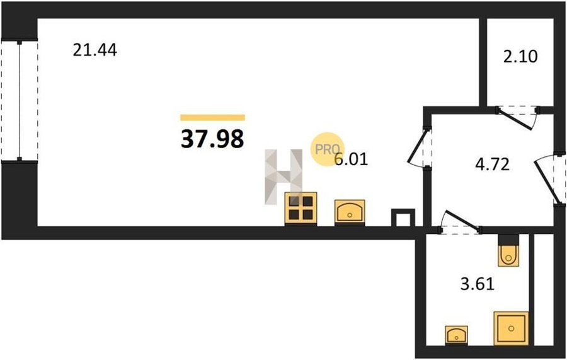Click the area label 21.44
pos(94,50)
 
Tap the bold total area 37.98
pos(212,139)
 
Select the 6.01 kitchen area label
pos(351,160)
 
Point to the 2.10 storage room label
pos(520,57)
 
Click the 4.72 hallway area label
pos(492,165)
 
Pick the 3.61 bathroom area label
pos(478,284)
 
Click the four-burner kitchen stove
pos(301,209)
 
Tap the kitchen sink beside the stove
pos(350,212)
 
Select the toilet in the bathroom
pos(508,250)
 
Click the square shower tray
pos(512,328)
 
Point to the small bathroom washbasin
pos(456,335)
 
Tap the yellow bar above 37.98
pos(213,117)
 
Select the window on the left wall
pos(20,101)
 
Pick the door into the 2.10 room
pos(518,115)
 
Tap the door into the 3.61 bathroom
pos(460,222)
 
